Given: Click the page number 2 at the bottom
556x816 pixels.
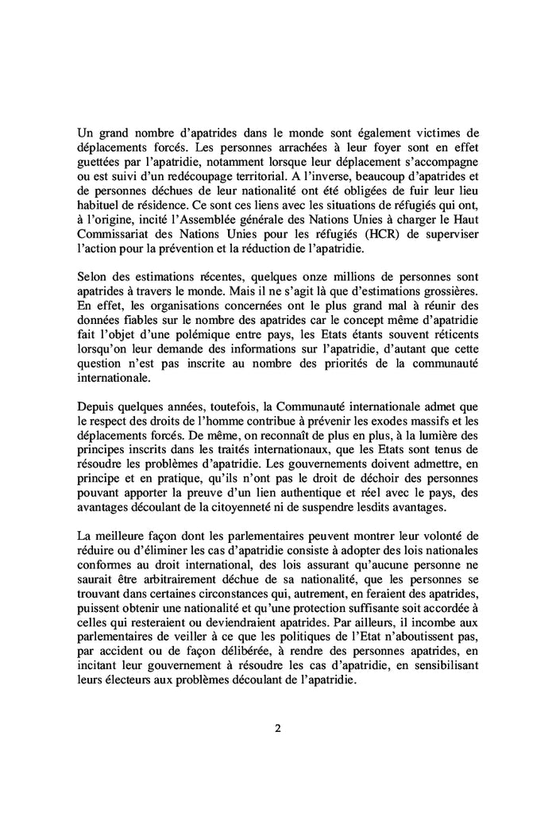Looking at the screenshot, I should click(278, 729).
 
